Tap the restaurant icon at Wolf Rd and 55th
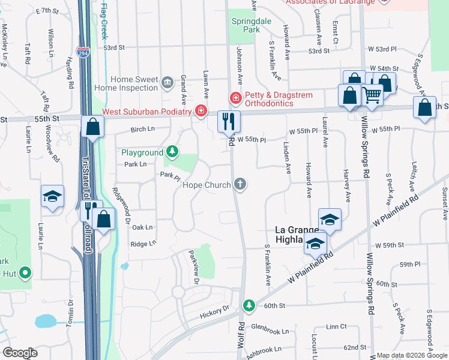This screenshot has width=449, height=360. tap(229, 122)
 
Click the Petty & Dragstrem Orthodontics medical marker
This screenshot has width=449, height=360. tap(236, 97)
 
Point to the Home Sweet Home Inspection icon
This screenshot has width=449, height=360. tap(167, 81)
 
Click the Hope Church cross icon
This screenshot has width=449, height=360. tap(240, 184)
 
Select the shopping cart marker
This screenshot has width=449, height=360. tap(372, 94)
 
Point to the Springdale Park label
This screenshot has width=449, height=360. tap(246, 25)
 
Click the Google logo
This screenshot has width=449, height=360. tap(20, 353)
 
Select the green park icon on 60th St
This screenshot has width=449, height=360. tap(249, 306)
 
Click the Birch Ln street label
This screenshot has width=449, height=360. tap(142, 129)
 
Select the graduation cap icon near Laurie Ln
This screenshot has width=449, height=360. tap(52, 196)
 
